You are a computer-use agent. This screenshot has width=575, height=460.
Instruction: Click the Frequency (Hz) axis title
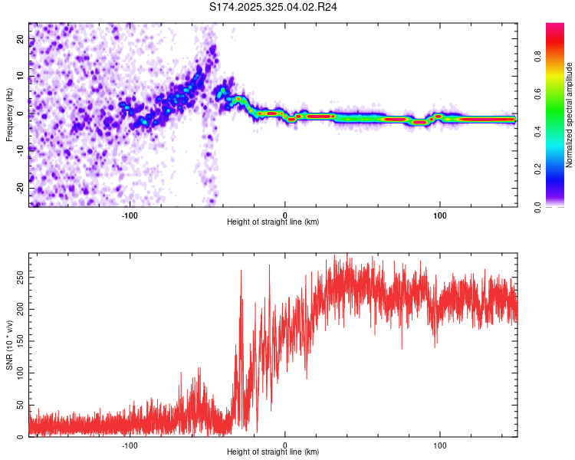click(9, 114)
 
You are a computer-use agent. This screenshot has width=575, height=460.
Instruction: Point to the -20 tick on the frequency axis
click(21, 188)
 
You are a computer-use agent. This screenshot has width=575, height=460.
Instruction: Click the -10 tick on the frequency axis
click(21, 151)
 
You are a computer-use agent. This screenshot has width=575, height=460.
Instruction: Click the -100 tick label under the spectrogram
click(129, 215)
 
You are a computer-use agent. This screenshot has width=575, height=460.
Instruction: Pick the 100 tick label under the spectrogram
click(440, 215)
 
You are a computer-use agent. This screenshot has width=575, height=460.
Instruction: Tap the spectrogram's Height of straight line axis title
click(273, 222)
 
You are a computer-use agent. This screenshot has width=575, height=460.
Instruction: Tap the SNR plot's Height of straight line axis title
click(273, 452)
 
